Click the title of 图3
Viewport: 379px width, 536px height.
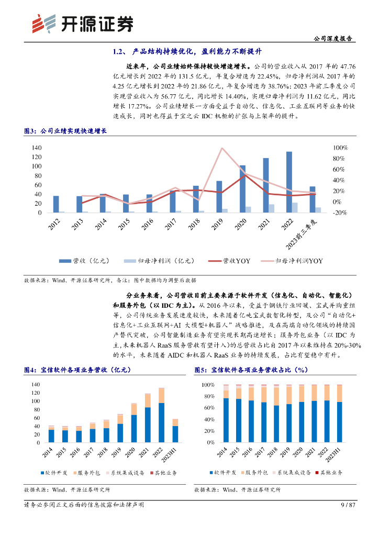[x=65, y=131]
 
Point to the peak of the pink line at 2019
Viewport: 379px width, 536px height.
[x=222, y=148]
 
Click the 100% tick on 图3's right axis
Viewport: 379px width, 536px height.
[x=340, y=148]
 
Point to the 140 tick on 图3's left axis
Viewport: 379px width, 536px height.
[x=36, y=148]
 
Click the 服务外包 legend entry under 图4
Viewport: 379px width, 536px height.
[x=88, y=473]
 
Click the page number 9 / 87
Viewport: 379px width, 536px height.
[x=348, y=505]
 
